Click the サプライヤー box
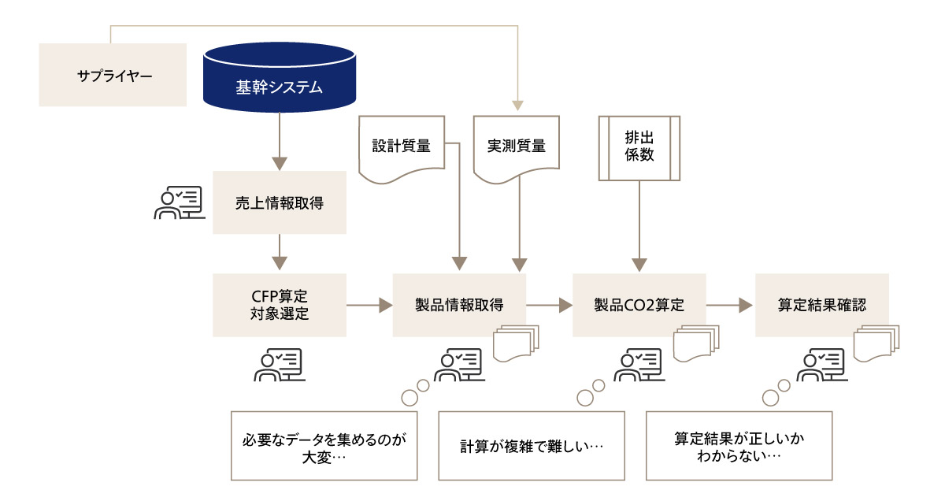(113, 75)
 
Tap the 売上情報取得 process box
(280, 202)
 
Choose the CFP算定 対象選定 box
(280, 305)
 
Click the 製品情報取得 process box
(459, 305)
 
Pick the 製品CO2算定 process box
(639, 305)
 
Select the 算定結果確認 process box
(821, 305)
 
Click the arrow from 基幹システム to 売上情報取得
(279, 142)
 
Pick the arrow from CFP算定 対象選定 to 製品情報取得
(369, 305)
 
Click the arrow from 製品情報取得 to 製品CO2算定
(549, 305)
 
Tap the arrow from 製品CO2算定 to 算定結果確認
(730, 305)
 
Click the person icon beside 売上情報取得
(178, 202)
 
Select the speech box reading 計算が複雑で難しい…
(532, 445)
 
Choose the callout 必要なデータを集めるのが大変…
(324, 445)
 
